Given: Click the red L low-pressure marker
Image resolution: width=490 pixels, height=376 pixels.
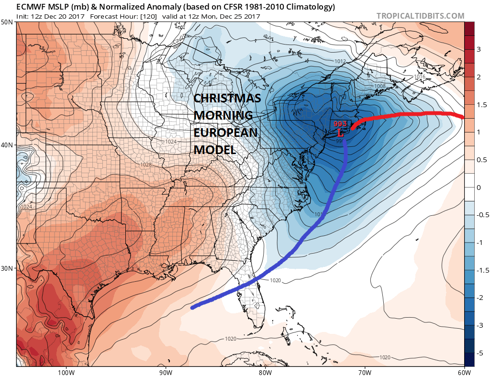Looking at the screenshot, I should [x=340, y=132].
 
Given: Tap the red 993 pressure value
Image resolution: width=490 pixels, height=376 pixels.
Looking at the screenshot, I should [x=340, y=124].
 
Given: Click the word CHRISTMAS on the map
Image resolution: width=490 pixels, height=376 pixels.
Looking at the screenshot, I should [x=227, y=99].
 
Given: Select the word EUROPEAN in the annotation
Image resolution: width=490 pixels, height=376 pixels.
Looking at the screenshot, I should [x=225, y=133].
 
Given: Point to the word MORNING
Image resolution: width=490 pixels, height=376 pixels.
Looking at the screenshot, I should [x=223, y=116].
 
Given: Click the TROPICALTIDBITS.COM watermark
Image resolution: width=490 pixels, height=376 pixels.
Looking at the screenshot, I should [x=420, y=16].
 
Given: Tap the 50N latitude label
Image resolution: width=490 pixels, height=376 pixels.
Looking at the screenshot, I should [x=7, y=22].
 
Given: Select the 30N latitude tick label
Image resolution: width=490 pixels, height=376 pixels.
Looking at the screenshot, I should [x=7, y=268].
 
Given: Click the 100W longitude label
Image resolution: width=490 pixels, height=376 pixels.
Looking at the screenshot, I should [x=66, y=372].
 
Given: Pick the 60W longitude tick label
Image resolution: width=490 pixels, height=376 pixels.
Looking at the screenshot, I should [x=464, y=372].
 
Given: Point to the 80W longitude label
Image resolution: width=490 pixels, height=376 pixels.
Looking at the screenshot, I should [x=265, y=372].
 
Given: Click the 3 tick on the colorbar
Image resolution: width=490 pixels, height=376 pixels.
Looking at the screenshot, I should [x=478, y=50].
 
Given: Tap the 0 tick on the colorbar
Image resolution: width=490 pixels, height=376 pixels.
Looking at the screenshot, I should [x=478, y=188].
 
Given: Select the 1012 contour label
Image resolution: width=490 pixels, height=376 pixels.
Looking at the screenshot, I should [x=340, y=62].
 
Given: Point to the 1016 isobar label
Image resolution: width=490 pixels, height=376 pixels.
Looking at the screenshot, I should [x=419, y=77].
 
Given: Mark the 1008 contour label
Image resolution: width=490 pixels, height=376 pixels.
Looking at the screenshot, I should [x=380, y=86].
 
